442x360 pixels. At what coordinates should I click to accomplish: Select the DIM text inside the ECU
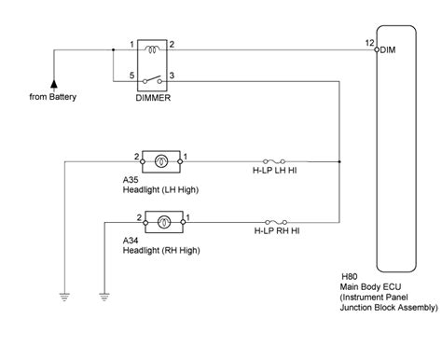389,50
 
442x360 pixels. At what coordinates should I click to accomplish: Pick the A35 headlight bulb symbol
162,160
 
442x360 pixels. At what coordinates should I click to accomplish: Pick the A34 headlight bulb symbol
163,222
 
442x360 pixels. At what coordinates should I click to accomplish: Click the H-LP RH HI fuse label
278,229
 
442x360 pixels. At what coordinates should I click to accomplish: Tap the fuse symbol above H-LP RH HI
276,221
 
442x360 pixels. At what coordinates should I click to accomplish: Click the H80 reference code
351,277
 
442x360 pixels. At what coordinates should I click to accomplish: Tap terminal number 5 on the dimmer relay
131,72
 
